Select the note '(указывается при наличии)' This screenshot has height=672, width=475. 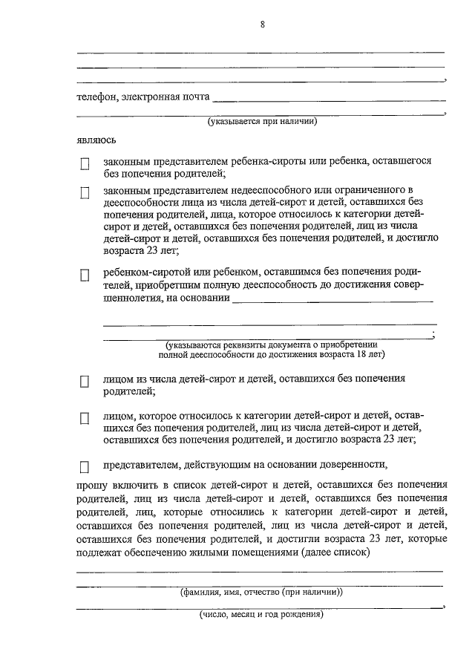coord(262,122)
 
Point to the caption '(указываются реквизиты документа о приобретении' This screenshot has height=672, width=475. coord(272,345)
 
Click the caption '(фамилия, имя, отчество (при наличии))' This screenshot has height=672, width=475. coord(261,593)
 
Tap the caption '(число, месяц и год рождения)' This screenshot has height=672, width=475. coord(261,615)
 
